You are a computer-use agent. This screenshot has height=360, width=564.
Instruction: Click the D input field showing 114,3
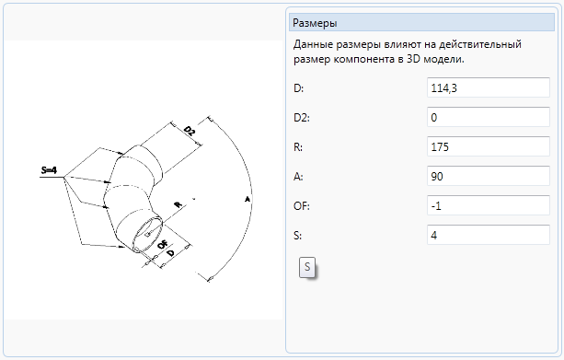(x=489, y=87)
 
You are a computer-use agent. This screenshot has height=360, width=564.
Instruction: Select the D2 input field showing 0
(x=489, y=117)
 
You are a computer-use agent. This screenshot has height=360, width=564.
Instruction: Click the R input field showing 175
(x=489, y=146)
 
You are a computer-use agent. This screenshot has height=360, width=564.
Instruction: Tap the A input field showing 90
(x=489, y=176)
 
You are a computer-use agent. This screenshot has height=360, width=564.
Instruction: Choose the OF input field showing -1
(x=489, y=205)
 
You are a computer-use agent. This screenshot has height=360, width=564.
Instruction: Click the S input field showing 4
(x=489, y=235)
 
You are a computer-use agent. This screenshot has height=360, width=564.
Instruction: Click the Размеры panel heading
(x=315, y=23)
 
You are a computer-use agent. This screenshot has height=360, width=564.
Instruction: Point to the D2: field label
(x=302, y=117)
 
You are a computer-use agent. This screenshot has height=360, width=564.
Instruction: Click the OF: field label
(x=302, y=206)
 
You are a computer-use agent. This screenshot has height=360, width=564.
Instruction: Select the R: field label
(x=298, y=147)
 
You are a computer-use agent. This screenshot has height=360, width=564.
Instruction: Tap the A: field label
(x=298, y=177)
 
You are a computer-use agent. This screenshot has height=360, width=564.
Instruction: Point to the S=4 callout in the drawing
(x=49, y=169)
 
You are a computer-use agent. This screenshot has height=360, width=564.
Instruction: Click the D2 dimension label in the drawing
(x=190, y=131)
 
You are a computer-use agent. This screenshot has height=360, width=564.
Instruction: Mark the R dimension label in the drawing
(x=178, y=204)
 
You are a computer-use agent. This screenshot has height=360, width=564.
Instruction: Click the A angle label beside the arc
(x=247, y=198)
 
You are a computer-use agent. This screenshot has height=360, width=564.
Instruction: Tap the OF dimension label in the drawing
(x=163, y=244)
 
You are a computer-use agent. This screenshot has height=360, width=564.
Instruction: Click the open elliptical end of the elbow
(x=148, y=233)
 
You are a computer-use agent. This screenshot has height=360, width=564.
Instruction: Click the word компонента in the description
(x=364, y=60)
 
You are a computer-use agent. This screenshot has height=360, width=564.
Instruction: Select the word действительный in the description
(x=480, y=44)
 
